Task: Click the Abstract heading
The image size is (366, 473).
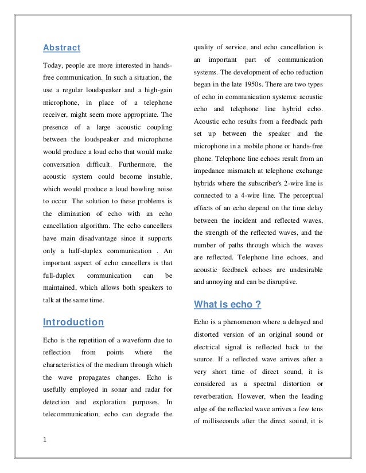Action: (x=62, y=48)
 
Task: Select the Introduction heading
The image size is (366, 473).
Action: (x=73, y=322)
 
